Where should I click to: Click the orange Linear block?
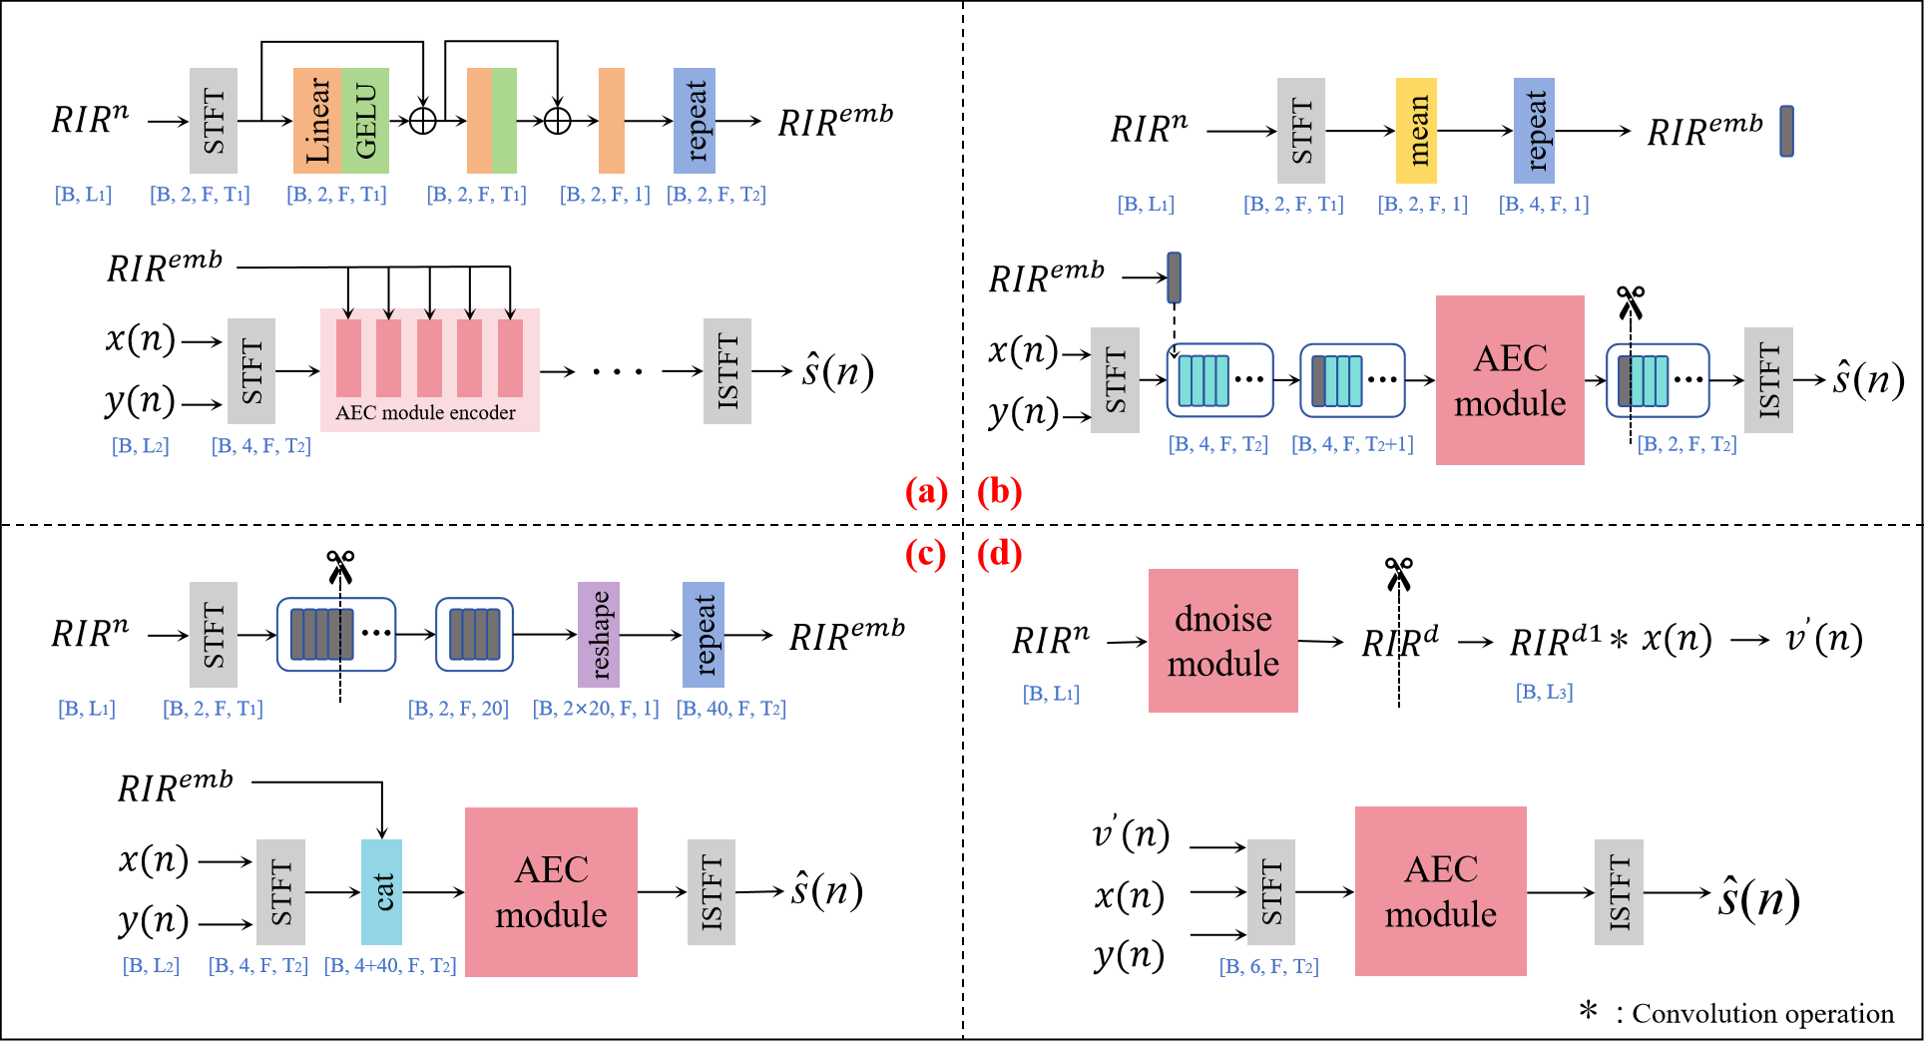pos(316,121)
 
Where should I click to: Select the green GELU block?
pos(365,121)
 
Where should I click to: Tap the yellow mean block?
pos(1416,131)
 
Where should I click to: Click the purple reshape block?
pos(599,635)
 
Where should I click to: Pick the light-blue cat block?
pos(381,892)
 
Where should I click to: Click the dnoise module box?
pos(1222,641)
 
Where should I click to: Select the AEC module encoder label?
pos(425,413)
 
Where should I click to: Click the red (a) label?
pos(926,492)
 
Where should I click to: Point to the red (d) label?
pos(999,554)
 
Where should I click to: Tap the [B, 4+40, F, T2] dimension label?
pos(390,966)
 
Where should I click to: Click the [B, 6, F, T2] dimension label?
pos(1268,967)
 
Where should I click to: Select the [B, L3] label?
pos(1544,692)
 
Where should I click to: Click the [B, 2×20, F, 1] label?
pos(596,709)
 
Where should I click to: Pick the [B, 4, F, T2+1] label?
pos(1352,444)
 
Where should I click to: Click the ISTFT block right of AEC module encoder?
pos(727,371)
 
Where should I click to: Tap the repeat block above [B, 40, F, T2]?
pos(704,635)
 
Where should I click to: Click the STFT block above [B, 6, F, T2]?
pos(1271,892)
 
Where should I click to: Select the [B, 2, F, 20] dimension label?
pos(458,709)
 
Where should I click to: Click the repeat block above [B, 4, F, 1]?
pos(1535,131)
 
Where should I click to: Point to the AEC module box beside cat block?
pos(551,892)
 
